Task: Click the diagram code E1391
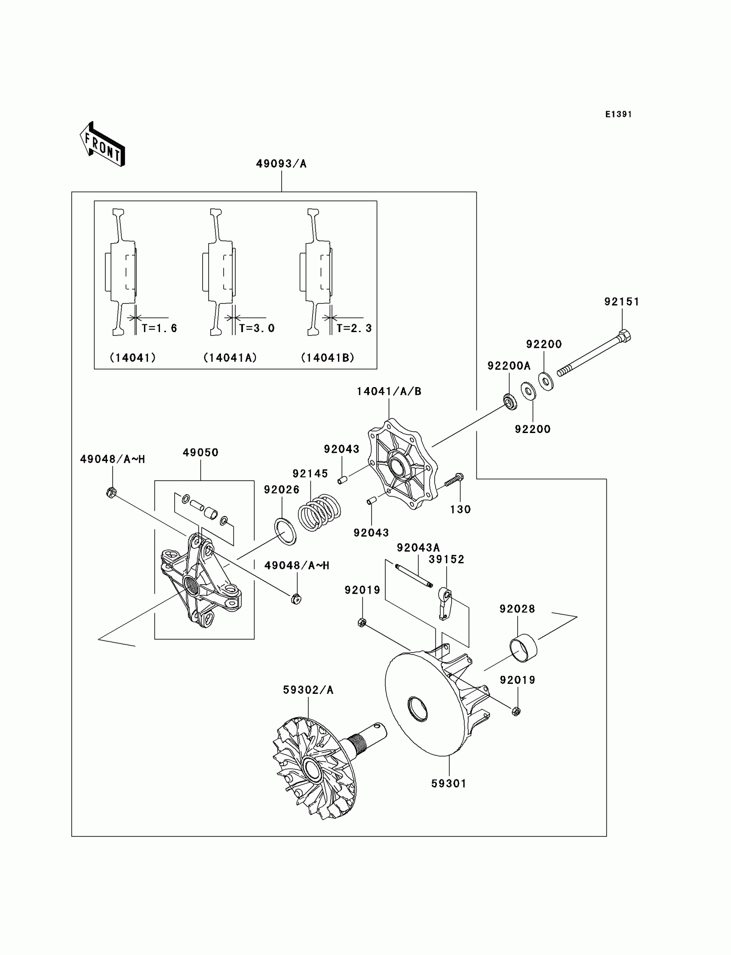(x=618, y=114)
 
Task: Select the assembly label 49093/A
(x=281, y=164)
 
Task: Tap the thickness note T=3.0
(x=257, y=328)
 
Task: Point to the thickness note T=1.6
(x=159, y=328)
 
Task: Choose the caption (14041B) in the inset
(x=328, y=357)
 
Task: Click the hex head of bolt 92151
(x=624, y=336)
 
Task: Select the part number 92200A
(x=509, y=366)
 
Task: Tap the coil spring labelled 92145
(x=319, y=513)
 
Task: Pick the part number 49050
(x=200, y=452)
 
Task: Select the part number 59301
(x=448, y=784)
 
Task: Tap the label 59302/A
(x=308, y=690)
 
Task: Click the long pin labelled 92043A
(x=413, y=575)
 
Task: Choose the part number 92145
(x=310, y=473)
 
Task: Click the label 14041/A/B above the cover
(x=389, y=391)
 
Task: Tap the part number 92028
(x=517, y=609)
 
